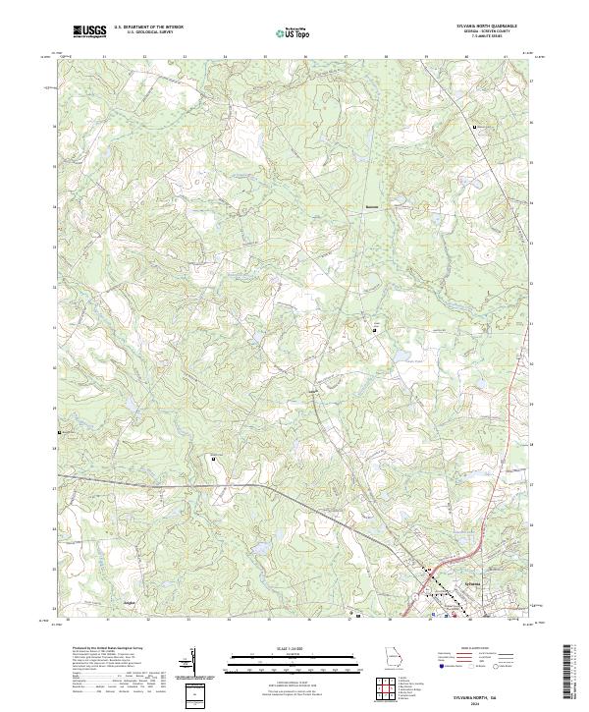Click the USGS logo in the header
coord(90,32)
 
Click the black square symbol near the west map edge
coord(60,431)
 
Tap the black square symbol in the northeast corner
coord(475,129)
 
